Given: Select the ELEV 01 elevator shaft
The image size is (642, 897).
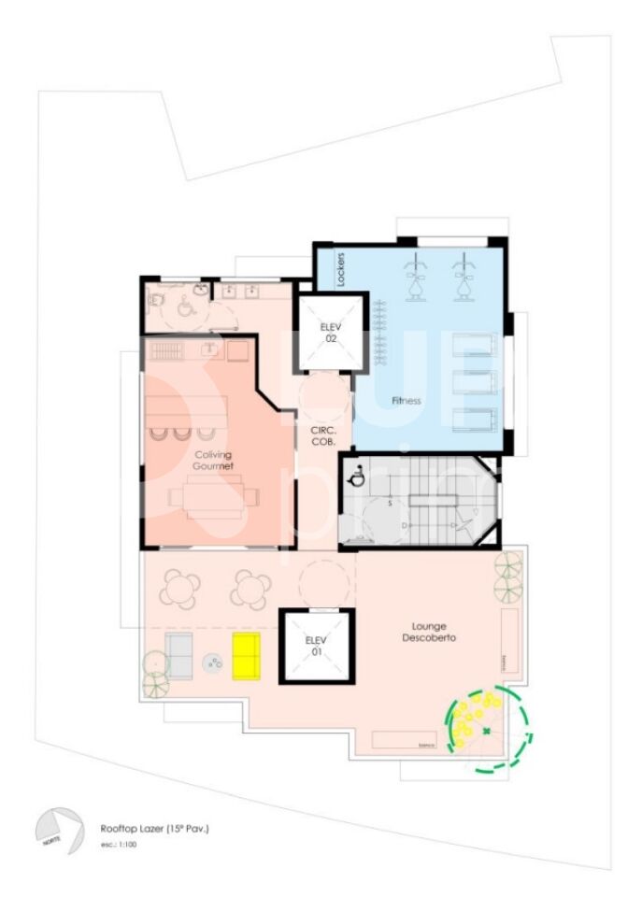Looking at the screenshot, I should click(317, 647).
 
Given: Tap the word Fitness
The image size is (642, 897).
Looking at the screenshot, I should click(407, 401).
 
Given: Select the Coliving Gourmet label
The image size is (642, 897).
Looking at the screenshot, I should click(213, 459).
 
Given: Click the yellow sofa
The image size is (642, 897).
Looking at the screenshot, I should click(246, 654).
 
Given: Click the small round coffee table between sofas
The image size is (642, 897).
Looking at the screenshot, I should click(214, 664).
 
